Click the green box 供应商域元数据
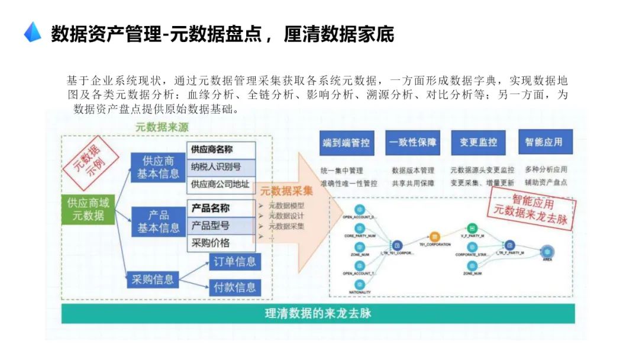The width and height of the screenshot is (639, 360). pyautogui.click(x=88, y=209)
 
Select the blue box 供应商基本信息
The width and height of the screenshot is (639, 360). pyautogui.click(x=158, y=167)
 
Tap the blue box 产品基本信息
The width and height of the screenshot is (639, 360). pyautogui.click(x=158, y=221)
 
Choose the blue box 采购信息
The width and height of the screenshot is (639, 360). pyautogui.click(x=153, y=279)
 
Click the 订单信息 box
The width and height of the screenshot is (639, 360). pyautogui.click(x=235, y=261)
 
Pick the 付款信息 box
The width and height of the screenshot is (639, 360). pyautogui.click(x=235, y=288)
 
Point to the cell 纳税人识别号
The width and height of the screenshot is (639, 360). pyautogui.click(x=221, y=166)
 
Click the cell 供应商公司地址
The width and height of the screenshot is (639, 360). pyautogui.click(x=221, y=184)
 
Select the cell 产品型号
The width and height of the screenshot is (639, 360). pyautogui.click(x=221, y=226)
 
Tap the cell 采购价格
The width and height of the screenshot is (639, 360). pyautogui.click(x=221, y=243)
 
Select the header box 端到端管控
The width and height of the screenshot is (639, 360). pyautogui.click(x=346, y=142)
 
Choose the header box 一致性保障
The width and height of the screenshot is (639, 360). pyautogui.click(x=413, y=142)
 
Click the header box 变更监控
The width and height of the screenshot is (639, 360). pyautogui.click(x=479, y=142)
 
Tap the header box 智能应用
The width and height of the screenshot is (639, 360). pyautogui.click(x=544, y=142)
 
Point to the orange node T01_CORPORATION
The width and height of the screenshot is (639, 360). pyautogui.click(x=435, y=236)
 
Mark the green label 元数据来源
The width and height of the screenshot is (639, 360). pyautogui.click(x=159, y=127)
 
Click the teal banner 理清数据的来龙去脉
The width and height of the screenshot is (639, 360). pyautogui.click(x=318, y=313)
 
